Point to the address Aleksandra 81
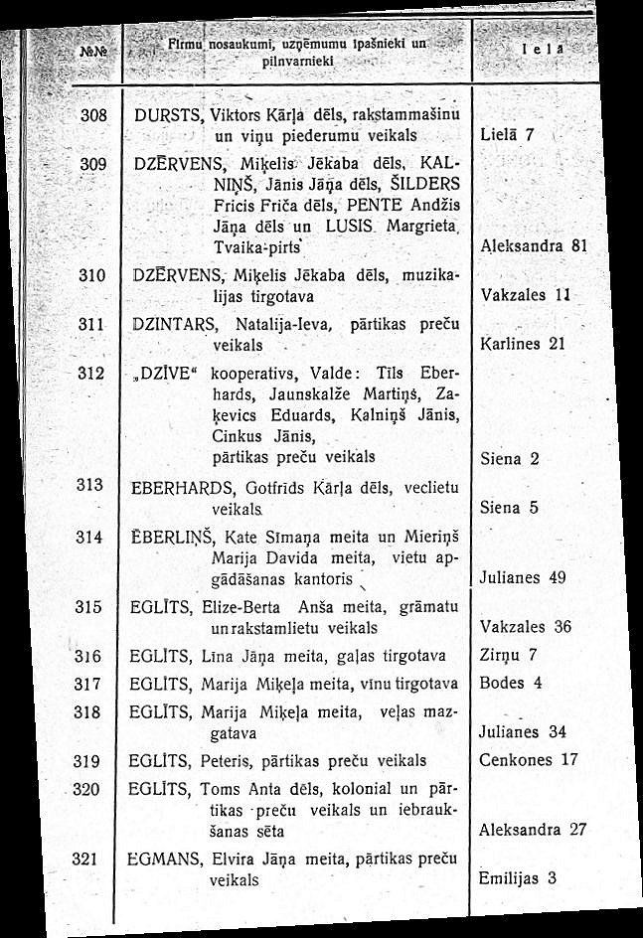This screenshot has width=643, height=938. click(529, 246)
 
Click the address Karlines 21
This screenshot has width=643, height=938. click(522, 344)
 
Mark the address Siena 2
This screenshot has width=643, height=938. click(509, 459)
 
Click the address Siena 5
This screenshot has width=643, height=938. click(509, 508)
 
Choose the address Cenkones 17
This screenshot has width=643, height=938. click(528, 760)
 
